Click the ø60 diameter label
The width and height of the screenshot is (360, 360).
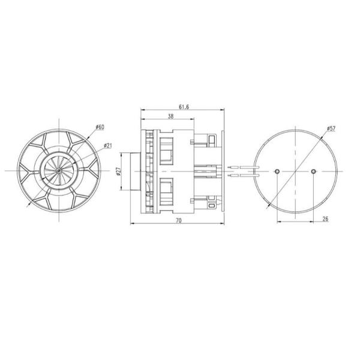pyautogui.click(x=100, y=127)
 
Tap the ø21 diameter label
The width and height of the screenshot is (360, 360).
pyautogui.click(x=109, y=145)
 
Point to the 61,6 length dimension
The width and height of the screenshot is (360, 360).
pyautogui.click(x=181, y=106)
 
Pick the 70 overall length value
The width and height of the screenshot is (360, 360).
pyautogui.click(x=178, y=221)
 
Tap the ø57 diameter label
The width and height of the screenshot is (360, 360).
pyautogui.click(x=331, y=129)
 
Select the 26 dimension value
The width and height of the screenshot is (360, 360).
pyautogui.click(x=325, y=219)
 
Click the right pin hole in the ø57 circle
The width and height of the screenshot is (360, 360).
pyautogui.click(x=314, y=172)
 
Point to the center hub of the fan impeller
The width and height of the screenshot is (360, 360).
pyautogui.click(x=58, y=171)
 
